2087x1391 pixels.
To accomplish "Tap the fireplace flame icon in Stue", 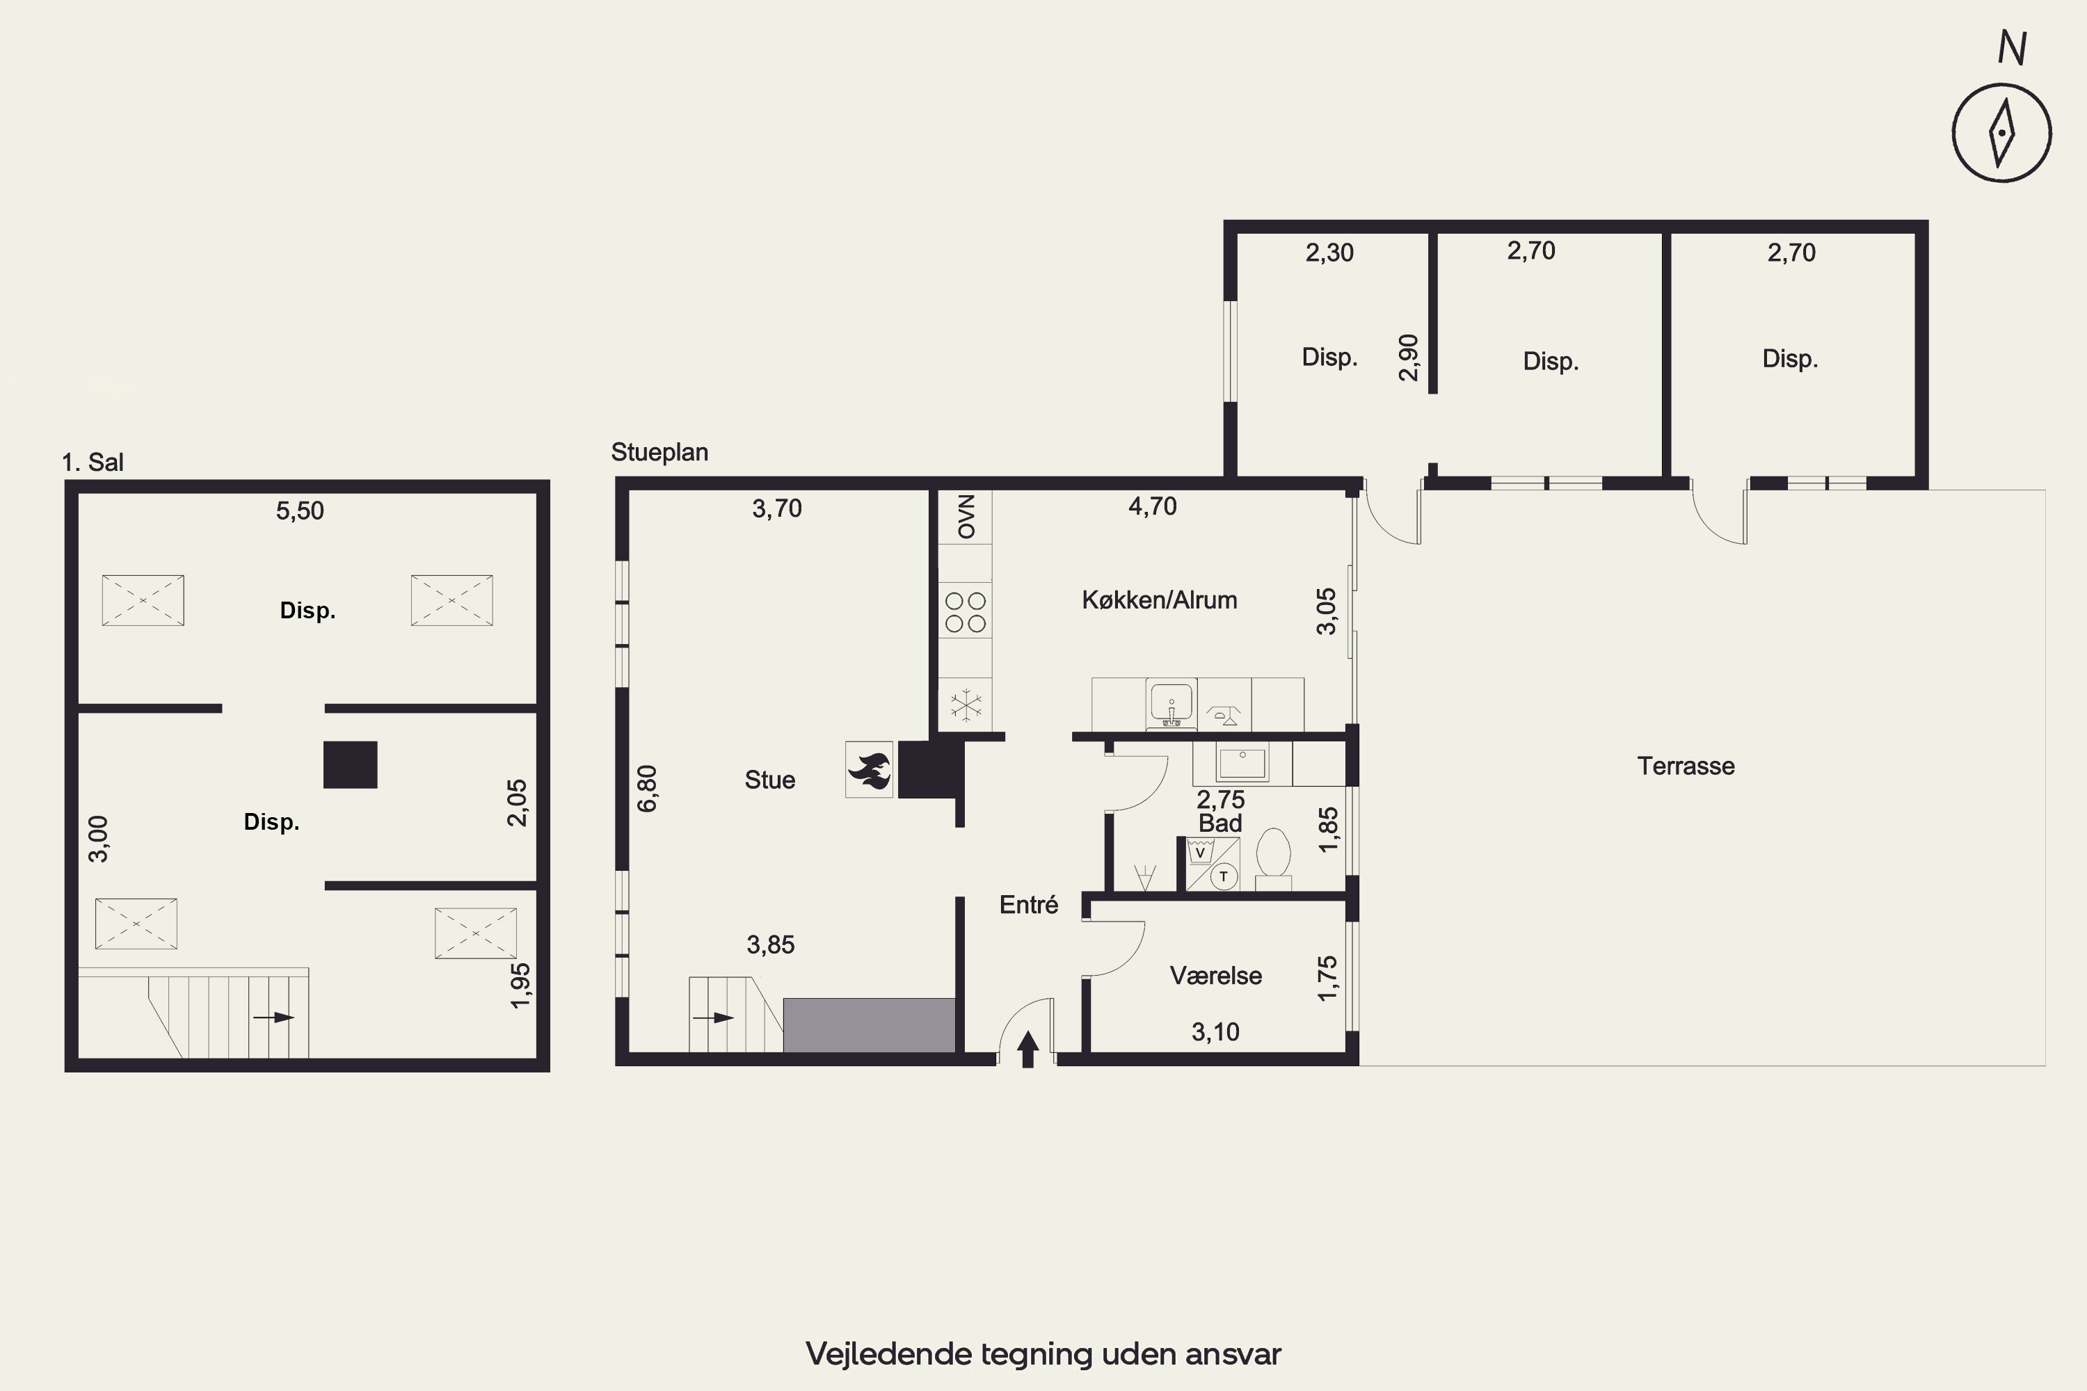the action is pos(869,770).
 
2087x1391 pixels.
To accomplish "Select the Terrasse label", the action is pos(1686,766).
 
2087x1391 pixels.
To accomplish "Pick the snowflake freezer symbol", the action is pos(966,706).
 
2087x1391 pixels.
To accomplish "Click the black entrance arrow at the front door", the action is pos(1027,1050).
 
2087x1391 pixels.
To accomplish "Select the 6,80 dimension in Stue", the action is pos(648,789).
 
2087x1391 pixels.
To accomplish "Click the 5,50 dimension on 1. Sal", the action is pos(300,511).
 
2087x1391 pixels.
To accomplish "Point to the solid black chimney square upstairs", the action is pos(351,764).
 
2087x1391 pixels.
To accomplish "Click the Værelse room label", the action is pos(1215,976).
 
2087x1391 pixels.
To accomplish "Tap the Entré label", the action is pos(1028,905).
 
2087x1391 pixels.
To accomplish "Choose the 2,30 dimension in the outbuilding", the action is pos(1329,253).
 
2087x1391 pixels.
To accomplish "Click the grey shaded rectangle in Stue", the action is pos(869,1025).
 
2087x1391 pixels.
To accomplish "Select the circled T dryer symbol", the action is pos(1224,876).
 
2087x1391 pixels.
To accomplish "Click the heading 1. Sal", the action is pos(93,463).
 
